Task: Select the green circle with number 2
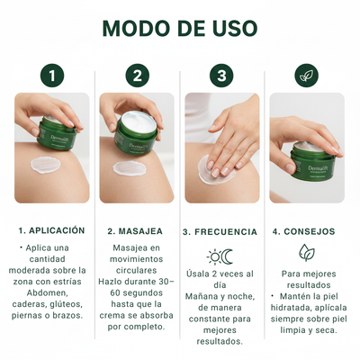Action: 138,76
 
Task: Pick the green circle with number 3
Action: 221,76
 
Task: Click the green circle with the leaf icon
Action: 306,76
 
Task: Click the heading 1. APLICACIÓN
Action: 52,230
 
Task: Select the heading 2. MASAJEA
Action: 137,230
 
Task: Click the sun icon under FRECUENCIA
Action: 213,256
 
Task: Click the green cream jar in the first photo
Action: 56,135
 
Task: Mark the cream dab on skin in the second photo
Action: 129,167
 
